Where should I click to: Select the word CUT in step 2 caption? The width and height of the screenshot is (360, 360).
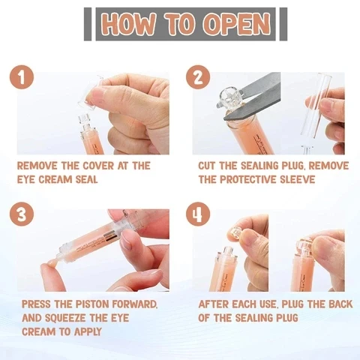[x=210, y=166]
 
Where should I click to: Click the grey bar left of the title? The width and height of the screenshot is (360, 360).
[x=88, y=24]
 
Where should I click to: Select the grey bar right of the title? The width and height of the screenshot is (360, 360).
[x=283, y=24]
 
